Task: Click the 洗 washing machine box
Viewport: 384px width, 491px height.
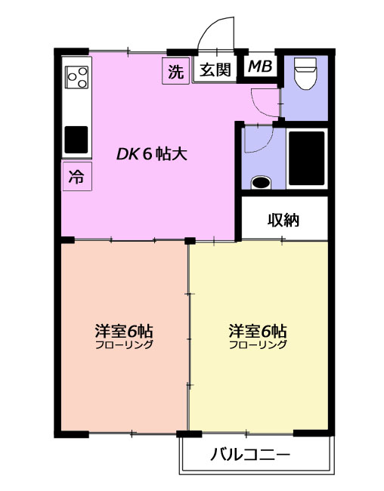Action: pos(176,71)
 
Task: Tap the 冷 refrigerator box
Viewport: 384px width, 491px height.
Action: pos(77,176)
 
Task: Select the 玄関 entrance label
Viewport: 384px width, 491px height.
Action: pos(215,69)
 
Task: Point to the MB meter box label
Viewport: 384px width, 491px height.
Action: pos(260,66)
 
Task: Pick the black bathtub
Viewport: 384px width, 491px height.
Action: pos(307,158)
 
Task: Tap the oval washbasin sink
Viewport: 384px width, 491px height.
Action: pos(262,182)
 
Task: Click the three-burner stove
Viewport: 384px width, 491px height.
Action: pos(76,77)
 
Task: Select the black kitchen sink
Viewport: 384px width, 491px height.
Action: pos(76,140)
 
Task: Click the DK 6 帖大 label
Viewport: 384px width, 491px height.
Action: pos(152,154)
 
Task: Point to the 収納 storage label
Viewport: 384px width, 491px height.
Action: pos(283,220)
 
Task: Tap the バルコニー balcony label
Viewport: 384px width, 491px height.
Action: pos(250,454)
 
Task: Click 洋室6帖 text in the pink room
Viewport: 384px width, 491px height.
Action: pos(124,331)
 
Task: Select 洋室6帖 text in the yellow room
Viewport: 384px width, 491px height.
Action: pos(258,331)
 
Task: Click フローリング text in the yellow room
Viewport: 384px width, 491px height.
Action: pos(258,344)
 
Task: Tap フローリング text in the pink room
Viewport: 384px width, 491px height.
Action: pos(124,344)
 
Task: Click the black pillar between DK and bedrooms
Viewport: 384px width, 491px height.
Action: pos(190,241)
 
